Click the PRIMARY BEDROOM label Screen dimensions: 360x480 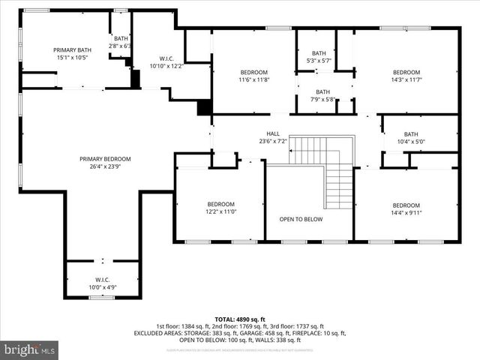[105, 159]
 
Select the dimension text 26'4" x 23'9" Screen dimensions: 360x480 [105, 167]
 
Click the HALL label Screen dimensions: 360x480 [273, 133]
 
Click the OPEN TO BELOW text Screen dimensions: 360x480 [301, 220]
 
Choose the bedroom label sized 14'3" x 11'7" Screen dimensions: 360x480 [406, 72]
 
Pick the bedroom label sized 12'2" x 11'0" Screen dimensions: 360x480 [220, 204]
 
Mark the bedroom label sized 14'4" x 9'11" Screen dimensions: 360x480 [406, 205]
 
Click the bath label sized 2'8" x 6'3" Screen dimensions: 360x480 [121, 38]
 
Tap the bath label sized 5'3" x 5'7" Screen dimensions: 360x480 [319, 53]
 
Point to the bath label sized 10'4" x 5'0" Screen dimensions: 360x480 [411, 134]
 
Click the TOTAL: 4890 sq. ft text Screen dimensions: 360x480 [239, 319]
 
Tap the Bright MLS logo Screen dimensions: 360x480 [30, 349]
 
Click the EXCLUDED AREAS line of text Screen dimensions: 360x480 [239, 332]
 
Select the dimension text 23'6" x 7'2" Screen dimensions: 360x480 [273, 141]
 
